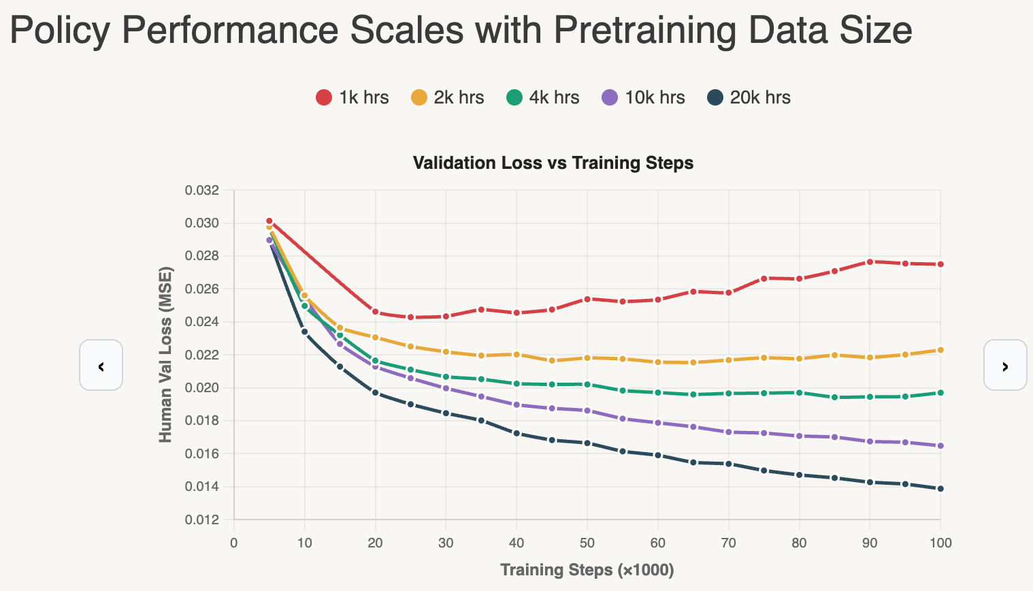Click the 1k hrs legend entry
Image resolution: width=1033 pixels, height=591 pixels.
(352, 97)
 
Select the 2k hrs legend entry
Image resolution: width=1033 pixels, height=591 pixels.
(448, 97)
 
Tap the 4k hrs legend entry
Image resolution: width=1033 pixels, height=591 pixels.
(543, 97)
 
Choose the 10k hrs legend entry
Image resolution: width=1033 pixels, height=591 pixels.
(643, 97)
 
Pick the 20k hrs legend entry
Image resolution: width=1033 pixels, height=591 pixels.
(749, 97)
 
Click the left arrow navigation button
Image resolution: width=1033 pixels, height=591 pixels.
(101, 365)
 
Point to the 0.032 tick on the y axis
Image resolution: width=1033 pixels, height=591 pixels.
(202, 190)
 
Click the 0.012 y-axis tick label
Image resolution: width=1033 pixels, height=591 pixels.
(202, 520)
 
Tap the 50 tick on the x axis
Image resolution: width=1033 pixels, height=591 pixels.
(587, 543)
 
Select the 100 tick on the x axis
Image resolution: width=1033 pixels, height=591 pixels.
(940, 543)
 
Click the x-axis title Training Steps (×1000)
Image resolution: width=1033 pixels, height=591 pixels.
(587, 570)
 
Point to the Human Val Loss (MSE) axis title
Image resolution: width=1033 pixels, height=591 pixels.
(165, 354)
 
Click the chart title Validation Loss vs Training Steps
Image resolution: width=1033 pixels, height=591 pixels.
(553, 163)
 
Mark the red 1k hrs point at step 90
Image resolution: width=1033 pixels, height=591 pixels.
(870, 261)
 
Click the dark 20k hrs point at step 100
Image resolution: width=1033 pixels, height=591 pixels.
(940, 488)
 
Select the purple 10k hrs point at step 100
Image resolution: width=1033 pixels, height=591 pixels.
(940, 446)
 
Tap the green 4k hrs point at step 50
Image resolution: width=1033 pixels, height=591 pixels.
(587, 385)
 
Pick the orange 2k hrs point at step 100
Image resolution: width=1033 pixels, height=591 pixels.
(940, 350)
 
